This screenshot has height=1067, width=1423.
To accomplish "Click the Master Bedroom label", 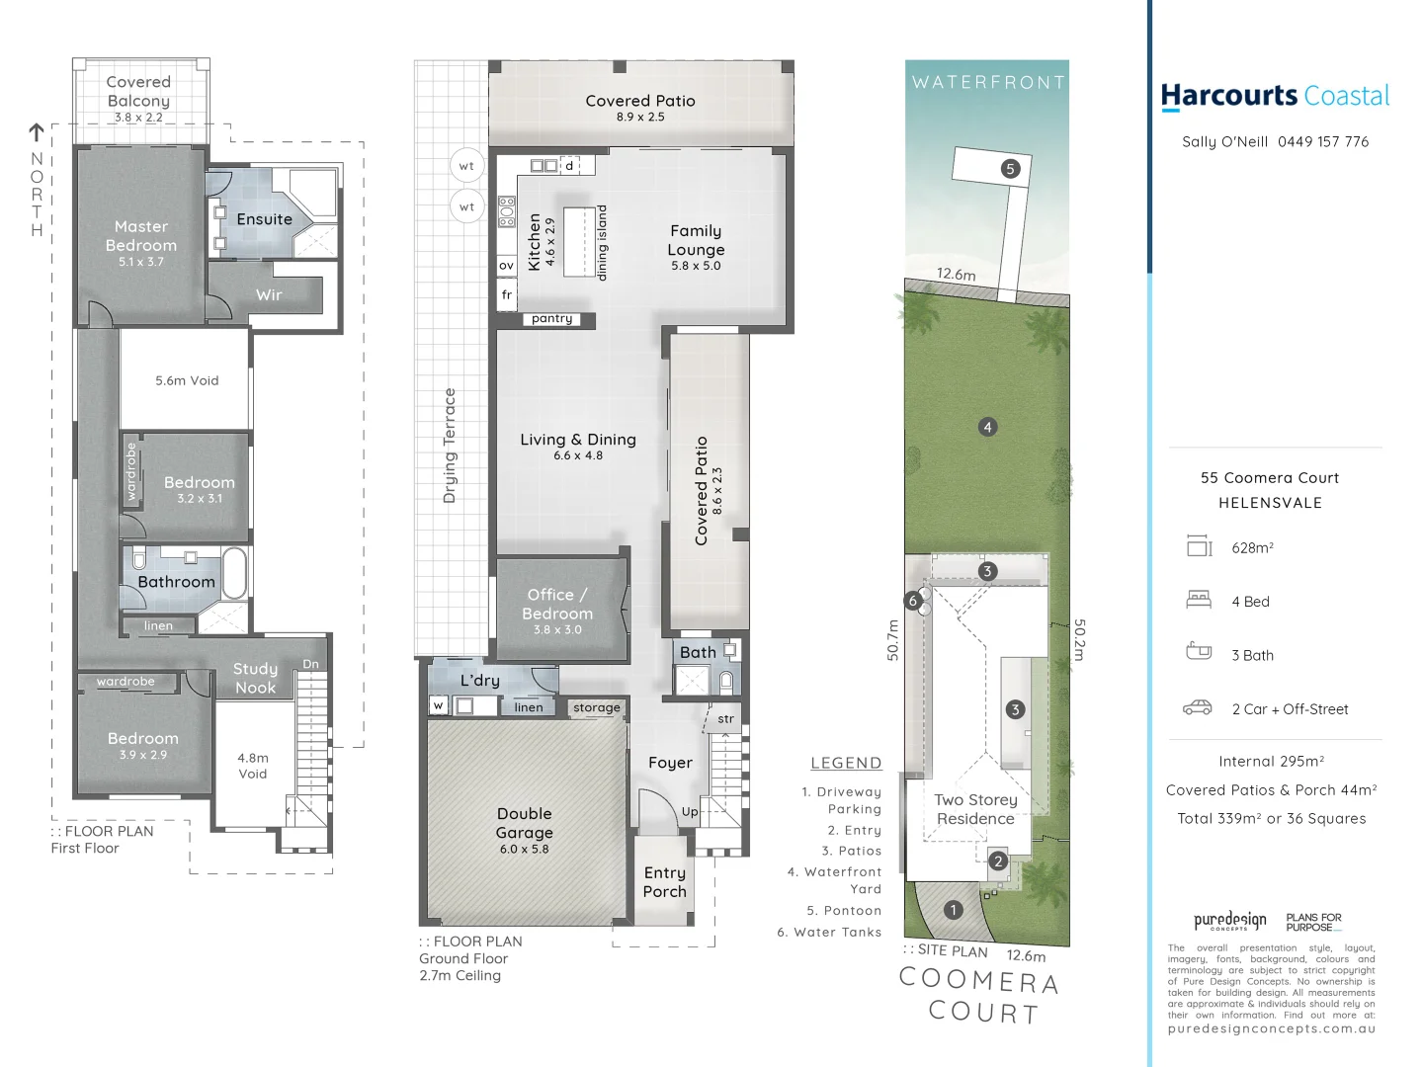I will pyautogui.click(x=141, y=236).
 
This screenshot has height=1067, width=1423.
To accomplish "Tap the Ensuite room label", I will pyautogui.click(x=264, y=219).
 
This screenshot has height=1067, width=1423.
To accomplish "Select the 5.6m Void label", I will pyautogui.click(x=187, y=380).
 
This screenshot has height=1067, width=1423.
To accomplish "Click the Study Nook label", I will pyautogui.click(x=255, y=678).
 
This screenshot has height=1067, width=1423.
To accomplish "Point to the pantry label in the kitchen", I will pyautogui.click(x=551, y=319).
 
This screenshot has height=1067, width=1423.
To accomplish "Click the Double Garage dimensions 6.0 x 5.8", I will pyautogui.click(x=524, y=849).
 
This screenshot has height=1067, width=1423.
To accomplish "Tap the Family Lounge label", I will pyautogui.click(x=696, y=240).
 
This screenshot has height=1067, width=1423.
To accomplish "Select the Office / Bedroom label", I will pyautogui.click(x=557, y=604).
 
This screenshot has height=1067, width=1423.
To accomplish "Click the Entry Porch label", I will pyautogui.click(x=664, y=882).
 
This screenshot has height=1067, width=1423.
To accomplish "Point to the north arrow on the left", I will pyautogui.click(x=37, y=131).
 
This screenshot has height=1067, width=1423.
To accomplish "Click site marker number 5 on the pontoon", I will pyautogui.click(x=1009, y=169).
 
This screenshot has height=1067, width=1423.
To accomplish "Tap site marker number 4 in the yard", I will pyautogui.click(x=987, y=427).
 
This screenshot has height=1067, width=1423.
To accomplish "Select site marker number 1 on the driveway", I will pyautogui.click(x=953, y=910).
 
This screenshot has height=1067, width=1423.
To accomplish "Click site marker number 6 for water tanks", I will pyautogui.click(x=913, y=600).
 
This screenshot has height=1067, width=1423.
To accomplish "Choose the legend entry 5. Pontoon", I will pyautogui.click(x=843, y=911).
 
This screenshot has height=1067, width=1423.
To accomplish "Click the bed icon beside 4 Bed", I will pyautogui.click(x=1199, y=599).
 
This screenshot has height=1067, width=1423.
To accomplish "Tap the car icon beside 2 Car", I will pyautogui.click(x=1198, y=707).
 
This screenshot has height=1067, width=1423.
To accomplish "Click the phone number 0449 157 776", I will pyautogui.click(x=1323, y=142).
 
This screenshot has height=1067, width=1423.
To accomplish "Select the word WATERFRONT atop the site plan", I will pyautogui.click(x=988, y=83).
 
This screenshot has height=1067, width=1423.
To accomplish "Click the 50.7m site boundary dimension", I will pyautogui.click(x=893, y=640).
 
